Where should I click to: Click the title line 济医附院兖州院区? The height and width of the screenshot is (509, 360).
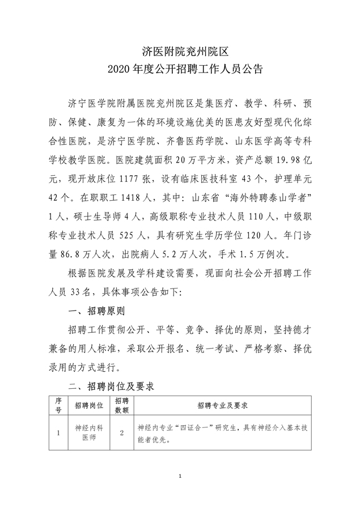coord(180,52)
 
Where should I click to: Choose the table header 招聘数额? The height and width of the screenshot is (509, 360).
coord(122,405)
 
